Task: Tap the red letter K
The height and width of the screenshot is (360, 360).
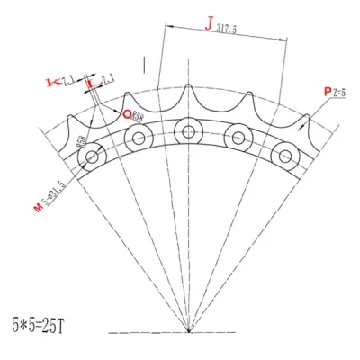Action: coord(51,83)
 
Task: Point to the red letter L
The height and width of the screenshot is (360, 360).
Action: coord(90,84)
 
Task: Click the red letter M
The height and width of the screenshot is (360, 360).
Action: coord(38,209)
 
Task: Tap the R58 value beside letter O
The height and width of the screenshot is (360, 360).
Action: coord(137,115)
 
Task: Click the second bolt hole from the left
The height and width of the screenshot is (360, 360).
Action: coord(138,139)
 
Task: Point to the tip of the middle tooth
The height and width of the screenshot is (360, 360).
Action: coord(188,87)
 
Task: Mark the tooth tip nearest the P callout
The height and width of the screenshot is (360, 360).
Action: coord(305,117)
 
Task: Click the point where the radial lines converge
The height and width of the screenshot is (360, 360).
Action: coord(188,329)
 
